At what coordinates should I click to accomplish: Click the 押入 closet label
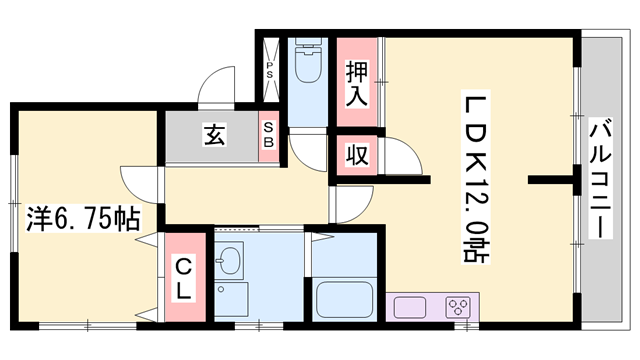(x=357, y=84)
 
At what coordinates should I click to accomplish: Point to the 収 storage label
(x=356, y=155)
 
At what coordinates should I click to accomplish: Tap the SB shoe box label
(x=268, y=134)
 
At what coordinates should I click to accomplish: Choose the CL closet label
(x=185, y=274)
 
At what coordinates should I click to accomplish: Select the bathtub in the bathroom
(x=343, y=299)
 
